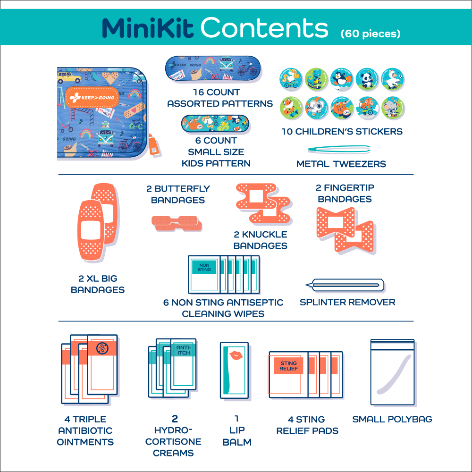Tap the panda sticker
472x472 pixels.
point(367,79)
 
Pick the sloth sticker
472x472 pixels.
point(341,108)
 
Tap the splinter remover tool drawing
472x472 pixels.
point(346,285)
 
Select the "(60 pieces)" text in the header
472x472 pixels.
point(371,34)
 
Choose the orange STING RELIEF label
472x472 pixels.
point(288,366)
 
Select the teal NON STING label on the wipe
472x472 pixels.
point(204,268)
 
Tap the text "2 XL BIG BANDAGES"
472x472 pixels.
point(98,284)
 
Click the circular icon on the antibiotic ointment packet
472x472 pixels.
point(101,349)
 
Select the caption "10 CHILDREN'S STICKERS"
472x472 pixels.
point(342,132)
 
